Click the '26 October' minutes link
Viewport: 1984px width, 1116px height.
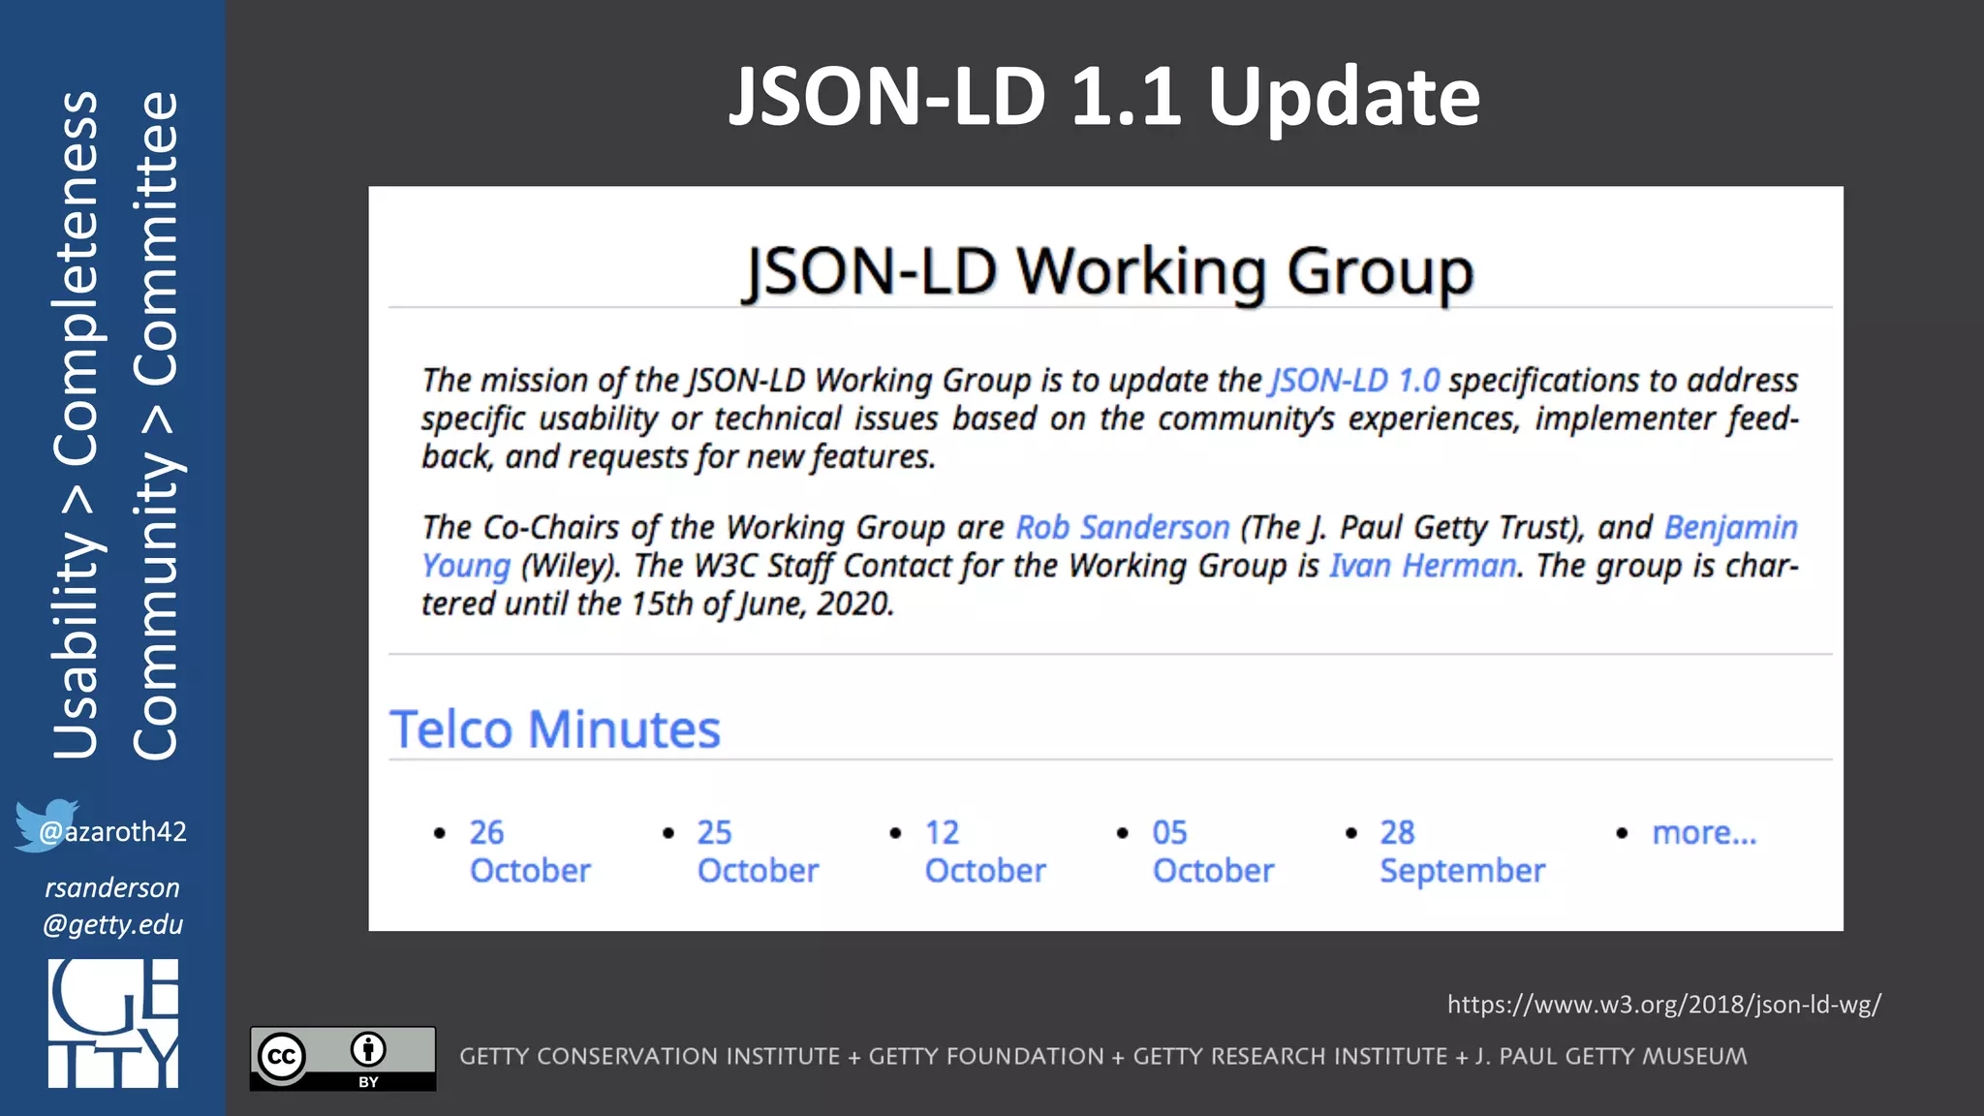coord(529,852)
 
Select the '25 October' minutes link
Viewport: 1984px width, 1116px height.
coord(757,852)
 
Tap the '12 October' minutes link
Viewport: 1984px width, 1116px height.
coord(984,852)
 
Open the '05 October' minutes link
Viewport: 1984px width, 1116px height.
coord(1212,852)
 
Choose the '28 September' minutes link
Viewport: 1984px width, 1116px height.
coord(1461,852)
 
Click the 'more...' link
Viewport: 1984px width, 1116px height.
coord(1703,832)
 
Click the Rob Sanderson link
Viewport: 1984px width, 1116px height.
coord(1122,528)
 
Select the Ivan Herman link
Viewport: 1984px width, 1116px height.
coord(1421,566)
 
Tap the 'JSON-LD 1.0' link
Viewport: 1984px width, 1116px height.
coord(1354,381)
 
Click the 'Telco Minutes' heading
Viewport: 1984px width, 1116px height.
coord(555,729)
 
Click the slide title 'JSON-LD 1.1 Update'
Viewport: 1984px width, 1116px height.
coord(1104,96)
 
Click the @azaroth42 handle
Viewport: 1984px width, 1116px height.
coord(124,832)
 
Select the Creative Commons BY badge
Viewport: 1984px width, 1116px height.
coord(343,1058)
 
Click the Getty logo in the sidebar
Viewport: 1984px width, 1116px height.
coord(113,1023)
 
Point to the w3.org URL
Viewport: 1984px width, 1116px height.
coord(1663,1005)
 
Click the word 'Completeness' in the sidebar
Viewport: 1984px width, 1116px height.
coord(76,278)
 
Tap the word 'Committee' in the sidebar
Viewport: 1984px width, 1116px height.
coord(156,238)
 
